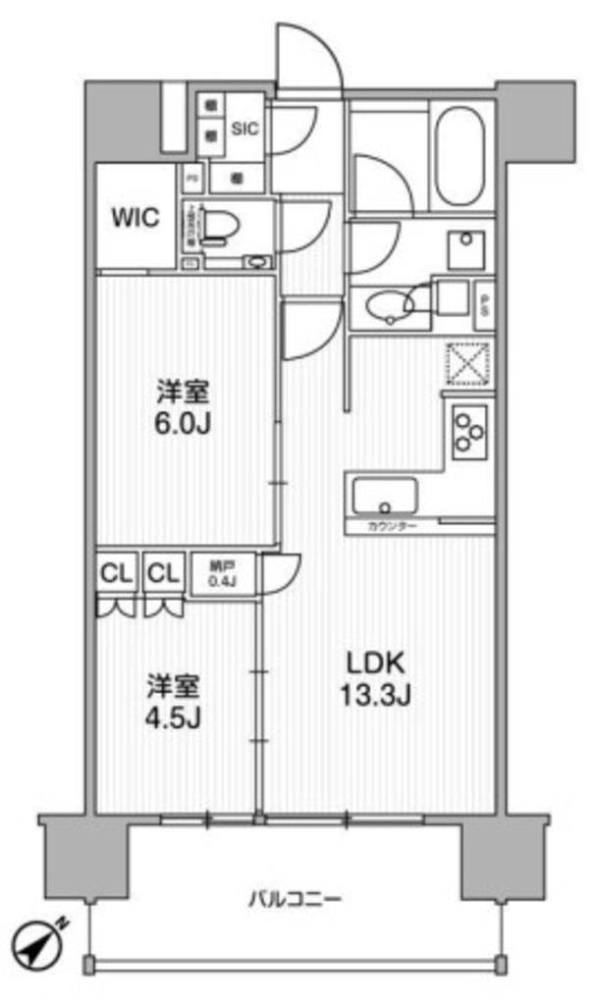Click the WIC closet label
tap(135, 217)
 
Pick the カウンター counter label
tap(394, 527)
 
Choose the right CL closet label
tap(164, 572)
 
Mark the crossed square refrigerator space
tap(467, 365)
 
